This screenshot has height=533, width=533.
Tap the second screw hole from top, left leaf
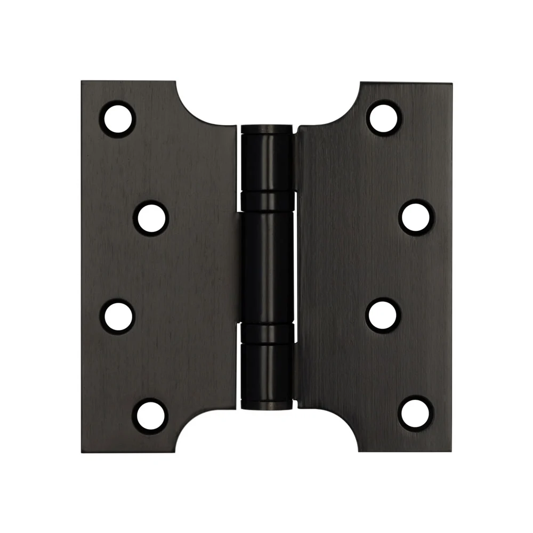click(150, 217)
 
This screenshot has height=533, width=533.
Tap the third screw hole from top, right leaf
click(383, 316)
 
